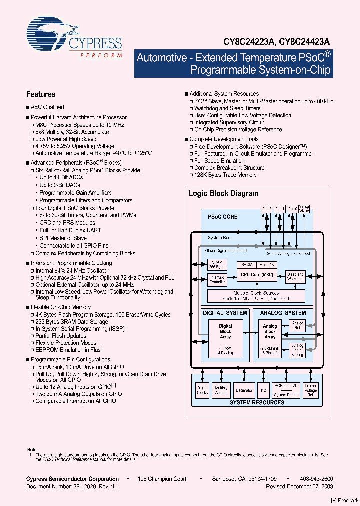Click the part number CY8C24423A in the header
(301, 43)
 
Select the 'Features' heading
(40, 94)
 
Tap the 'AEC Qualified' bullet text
(47, 107)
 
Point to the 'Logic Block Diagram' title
(223, 193)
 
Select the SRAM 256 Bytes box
(217, 265)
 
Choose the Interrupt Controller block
(217, 279)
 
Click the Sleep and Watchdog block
(295, 276)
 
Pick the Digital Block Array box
(226, 331)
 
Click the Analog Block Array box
(270, 331)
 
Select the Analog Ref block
(298, 326)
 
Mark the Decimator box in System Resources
(244, 391)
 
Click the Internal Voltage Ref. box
(311, 390)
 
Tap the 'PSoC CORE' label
(222, 217)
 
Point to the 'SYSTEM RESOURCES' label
(256, 402)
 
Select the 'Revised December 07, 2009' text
(299, 486)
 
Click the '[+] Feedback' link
(344, 500)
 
